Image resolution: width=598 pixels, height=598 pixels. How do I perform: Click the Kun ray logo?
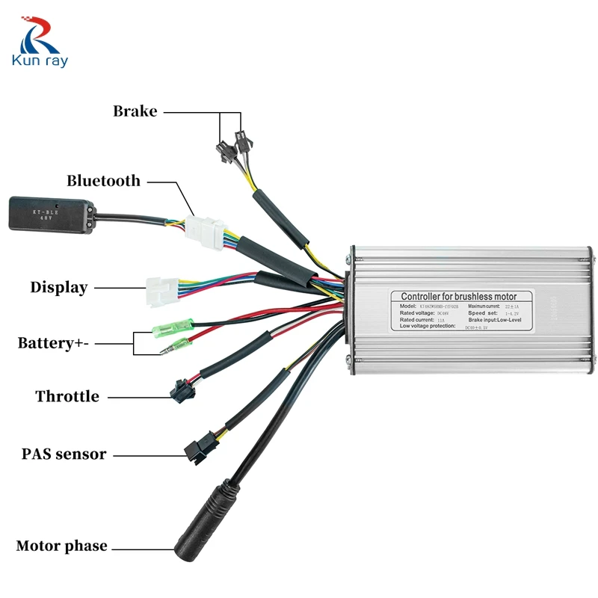pos(39,44)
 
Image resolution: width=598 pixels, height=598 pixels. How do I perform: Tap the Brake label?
pos(135,111)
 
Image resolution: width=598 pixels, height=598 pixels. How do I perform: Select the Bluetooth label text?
pos(103,180)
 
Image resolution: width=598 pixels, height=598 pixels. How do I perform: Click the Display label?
pos(58,287)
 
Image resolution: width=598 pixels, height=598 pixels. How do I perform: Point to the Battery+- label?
pos(55,343)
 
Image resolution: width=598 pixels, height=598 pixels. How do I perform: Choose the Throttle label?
pos(67,396)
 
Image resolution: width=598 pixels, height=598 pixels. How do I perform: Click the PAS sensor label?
pos(64,454)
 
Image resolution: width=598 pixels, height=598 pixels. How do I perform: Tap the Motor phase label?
pos(61,546)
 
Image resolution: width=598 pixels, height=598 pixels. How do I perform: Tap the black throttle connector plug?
pos(179,390)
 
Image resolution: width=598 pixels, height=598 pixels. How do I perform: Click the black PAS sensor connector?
pos(196,447)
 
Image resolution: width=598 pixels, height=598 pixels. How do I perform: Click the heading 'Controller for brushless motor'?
pos(458,297)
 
